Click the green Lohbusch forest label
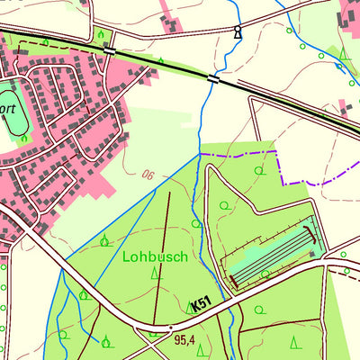point(154,256)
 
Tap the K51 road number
point(201,305)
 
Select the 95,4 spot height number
point(184,340)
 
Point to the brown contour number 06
point(148,175)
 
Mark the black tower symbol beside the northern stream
point(238,33)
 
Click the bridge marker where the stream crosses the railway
point(213,79)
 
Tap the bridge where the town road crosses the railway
point(109,51)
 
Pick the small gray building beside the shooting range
point(311,256)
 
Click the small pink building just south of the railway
point(346,105)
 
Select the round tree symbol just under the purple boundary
point(261,169)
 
